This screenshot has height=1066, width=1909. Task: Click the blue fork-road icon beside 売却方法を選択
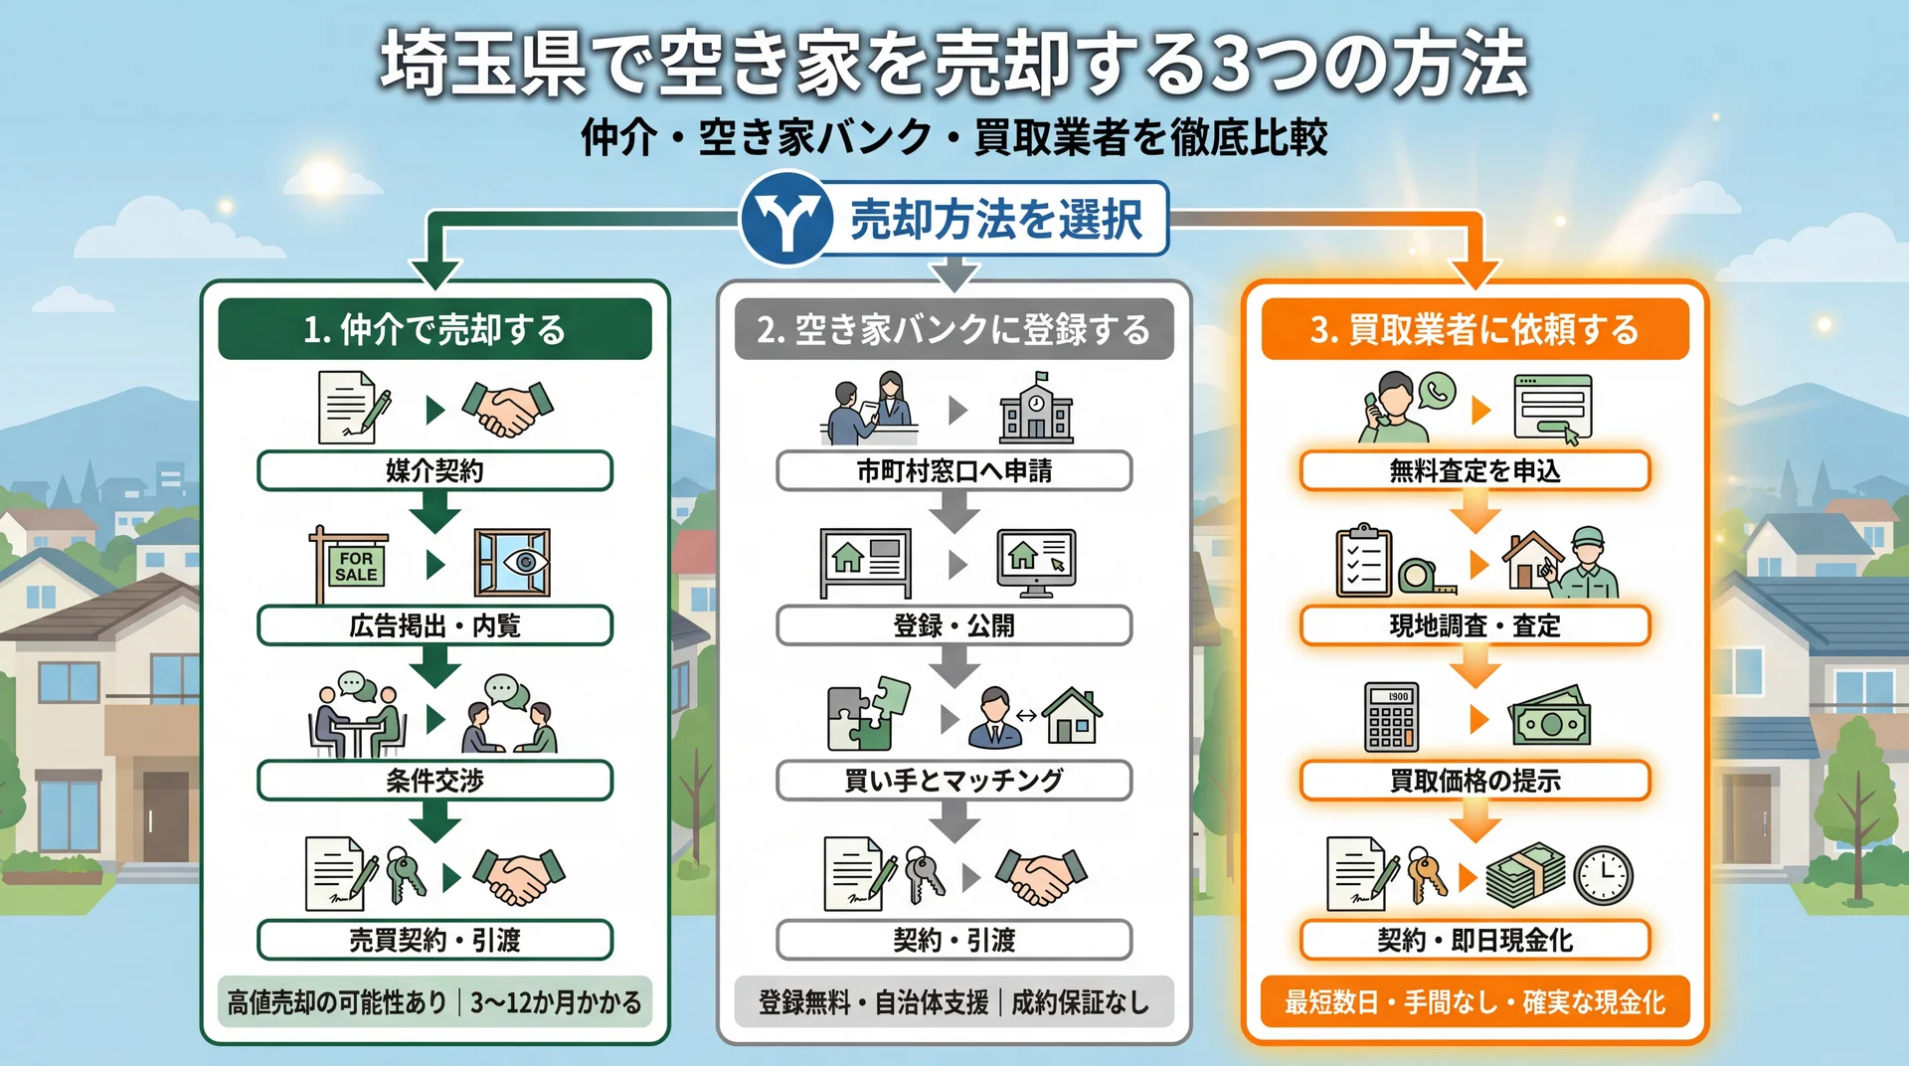(x=786, y=220)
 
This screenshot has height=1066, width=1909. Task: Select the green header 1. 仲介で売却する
(x=434, y=329)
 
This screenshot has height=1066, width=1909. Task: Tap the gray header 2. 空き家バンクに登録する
(x=954, y=329)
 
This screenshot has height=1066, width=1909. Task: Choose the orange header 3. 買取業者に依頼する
(x=1475, y=329)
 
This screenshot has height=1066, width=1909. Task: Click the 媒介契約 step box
(x=434, y=470)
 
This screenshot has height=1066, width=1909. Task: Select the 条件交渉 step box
(x=434, y=781)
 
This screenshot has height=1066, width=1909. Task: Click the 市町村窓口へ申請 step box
(x=954, y=470)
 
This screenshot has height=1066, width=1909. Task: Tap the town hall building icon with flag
(x=1036, y=409)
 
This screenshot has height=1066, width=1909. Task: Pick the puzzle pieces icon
(x=868, y=714)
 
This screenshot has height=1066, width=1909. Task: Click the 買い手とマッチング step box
(x=954, y=781)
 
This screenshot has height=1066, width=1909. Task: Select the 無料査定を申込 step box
(x=1475, y=470)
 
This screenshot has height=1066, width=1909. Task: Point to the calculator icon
(x=1391, y=717)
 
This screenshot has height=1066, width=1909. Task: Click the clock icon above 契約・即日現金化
(x=1603, y=876)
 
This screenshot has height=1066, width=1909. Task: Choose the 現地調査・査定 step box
(x=1475, y=625)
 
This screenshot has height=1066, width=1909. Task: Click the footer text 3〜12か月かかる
(x=556, y=1002)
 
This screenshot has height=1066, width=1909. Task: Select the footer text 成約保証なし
(x=1080, y=1002)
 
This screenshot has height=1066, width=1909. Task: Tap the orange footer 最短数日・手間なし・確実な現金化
(x=1475, y=1002)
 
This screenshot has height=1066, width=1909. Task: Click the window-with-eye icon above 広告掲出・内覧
(x=512, y=563)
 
